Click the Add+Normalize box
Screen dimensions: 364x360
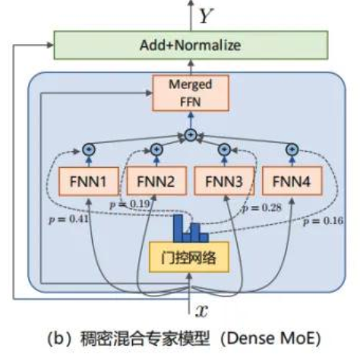click(x=190, y=45)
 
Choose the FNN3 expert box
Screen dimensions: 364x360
click(x=223, y=182)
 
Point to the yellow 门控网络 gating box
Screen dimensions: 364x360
click(x=190, y=259)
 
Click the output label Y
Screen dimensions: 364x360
click(x=204, y=14)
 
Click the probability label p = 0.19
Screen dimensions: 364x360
click(x=128, y=204)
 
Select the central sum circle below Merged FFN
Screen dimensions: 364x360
click(x=190, y=136)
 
